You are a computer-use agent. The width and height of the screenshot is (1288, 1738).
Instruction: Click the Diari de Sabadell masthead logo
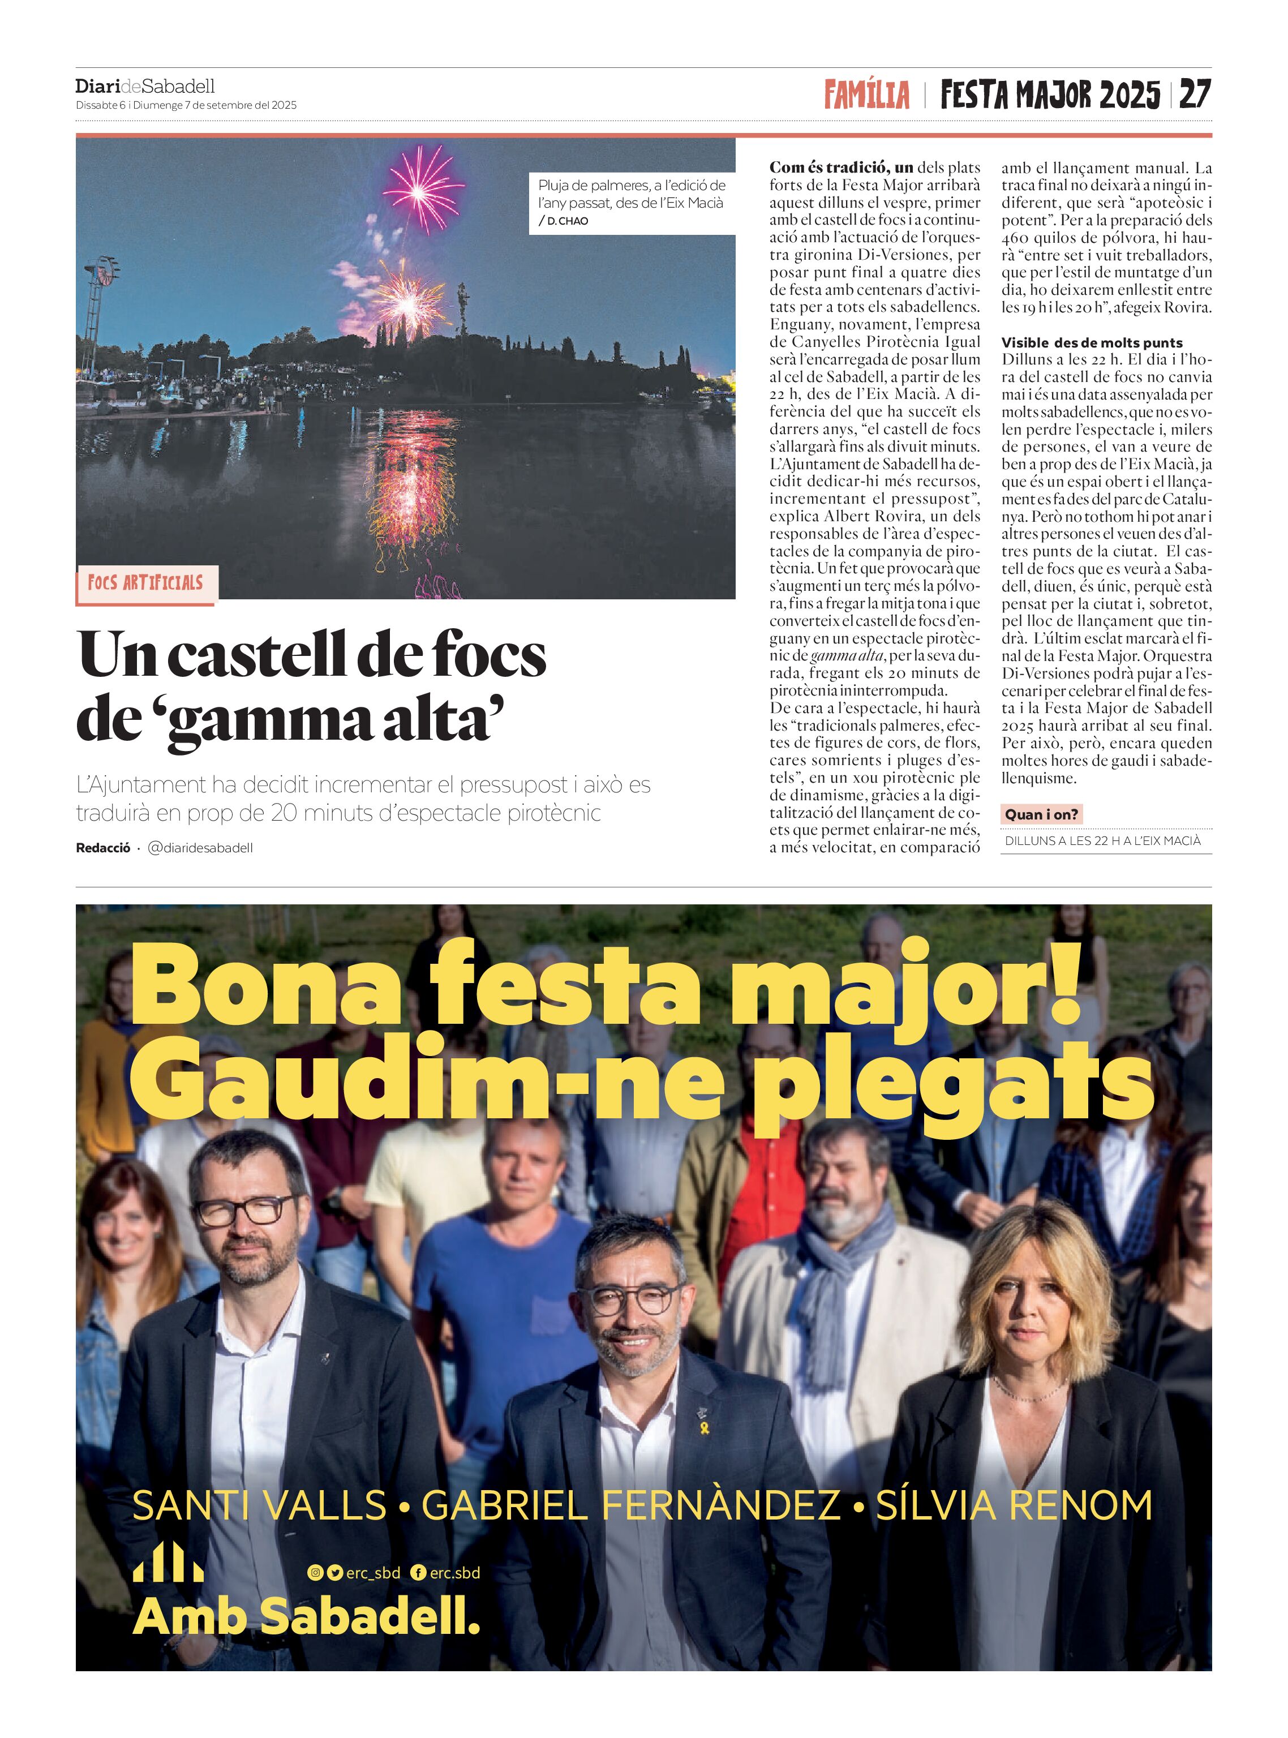[x=145, y=86]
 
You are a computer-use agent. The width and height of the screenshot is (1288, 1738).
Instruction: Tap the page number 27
[x=1195, y=95]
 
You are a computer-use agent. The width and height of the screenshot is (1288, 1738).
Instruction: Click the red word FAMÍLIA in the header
[x=866, y=95]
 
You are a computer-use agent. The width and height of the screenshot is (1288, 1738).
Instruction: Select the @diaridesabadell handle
[x=200, y=848]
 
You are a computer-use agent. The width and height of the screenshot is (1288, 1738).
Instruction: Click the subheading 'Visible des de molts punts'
[x=1092, y=342]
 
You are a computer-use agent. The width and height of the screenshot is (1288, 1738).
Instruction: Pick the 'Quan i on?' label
[x=1041, y=814]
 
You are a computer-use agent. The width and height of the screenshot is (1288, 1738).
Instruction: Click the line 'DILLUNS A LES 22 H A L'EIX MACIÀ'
[x=1102, y=840]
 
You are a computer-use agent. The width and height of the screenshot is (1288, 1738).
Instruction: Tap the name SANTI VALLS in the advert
[x=260, y=1505]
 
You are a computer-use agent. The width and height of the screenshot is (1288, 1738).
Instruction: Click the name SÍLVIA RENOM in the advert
[x=1014, y=1505]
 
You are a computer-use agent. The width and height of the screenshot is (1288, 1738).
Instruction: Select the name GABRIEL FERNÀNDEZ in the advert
[x=631, y=1505]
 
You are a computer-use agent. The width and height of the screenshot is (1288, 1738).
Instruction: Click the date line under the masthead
[x=186, y=105]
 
